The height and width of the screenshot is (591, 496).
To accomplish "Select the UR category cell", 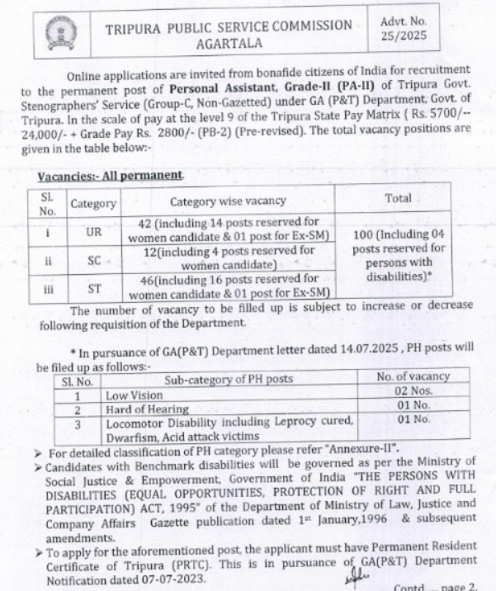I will [93, 233].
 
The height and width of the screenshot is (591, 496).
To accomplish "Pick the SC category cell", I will [93, 260].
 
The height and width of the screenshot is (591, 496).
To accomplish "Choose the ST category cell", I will [93, 287].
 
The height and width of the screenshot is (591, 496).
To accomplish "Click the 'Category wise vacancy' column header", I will [228, 201].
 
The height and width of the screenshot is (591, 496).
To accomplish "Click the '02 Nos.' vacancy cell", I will [413, 393].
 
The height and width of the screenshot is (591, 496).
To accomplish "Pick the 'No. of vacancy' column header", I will [413, 377].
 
